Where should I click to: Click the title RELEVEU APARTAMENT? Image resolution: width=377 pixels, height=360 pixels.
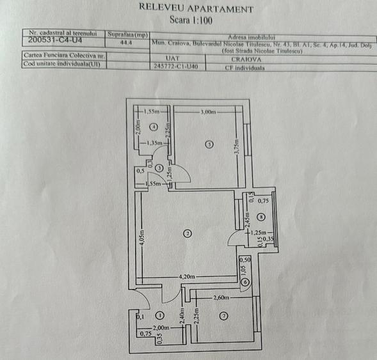tap(195, 9)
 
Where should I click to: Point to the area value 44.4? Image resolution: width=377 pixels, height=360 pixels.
tap(126, 43)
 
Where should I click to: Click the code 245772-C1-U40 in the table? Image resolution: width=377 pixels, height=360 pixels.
tap(176, 65)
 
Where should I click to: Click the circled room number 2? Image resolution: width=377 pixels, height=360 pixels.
tap(188, 233)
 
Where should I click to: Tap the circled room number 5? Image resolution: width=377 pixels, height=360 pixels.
tap(209, 145)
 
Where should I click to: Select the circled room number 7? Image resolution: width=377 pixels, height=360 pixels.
tap(223, 315)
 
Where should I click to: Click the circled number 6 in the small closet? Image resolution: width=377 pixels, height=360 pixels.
tap(246, 283)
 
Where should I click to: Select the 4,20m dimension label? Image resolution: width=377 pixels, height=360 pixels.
tap(187, 276)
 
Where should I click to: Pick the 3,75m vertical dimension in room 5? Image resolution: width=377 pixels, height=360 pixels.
tap(236, 148)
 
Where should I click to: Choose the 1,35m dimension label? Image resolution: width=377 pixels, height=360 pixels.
tap(154, 143)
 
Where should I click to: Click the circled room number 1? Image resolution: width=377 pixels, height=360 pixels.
tap(159, 315)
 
